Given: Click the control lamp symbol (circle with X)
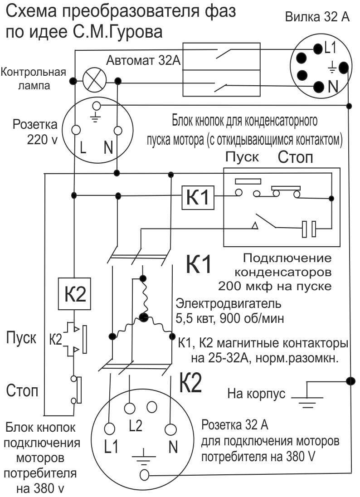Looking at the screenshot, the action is pyautogui.click(x=94, y=81).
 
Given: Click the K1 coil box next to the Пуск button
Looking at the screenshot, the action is pyautogui.click(x=198, y=197).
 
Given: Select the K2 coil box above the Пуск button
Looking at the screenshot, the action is pyautogui.click(x=74, y=294).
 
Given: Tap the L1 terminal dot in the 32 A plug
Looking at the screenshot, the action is pyautogui.click(x=317, y=49).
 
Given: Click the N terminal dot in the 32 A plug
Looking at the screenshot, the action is pyautogui.click(x=318, y=86).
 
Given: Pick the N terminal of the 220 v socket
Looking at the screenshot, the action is pyautogui.click(x=117, y=130).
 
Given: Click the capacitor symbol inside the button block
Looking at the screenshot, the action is pyautogui.click(x=309, y=229).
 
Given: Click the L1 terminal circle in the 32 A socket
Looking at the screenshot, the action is pyautogui.click(x=109, y=429).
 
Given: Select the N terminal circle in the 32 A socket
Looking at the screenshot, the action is pyautogui.click(x=170, y=429).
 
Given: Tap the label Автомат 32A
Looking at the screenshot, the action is pyautogui.click(x=143, y=60).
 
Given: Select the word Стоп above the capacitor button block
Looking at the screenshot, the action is pyautogui.click(x=295, y=157).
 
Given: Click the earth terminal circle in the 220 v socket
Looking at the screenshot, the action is pyautogui.click(x=96, y=106).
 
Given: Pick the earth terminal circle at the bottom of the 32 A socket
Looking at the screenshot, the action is pyautogui.click(x=144, y=475).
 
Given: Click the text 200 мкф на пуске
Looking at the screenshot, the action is pyautogui.click(x=275, y=286).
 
